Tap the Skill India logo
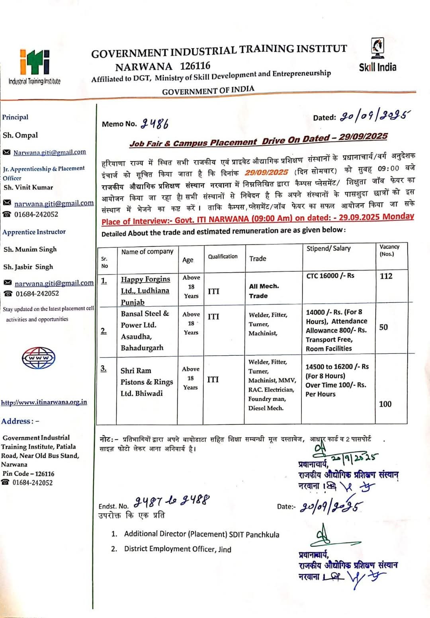377,56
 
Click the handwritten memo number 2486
154,124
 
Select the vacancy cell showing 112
386,276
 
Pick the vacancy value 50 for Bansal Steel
383,327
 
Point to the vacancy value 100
385,404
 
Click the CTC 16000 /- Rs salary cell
330,276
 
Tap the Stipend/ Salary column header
328,248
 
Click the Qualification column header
223,257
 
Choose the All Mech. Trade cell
264,291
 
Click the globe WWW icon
39,358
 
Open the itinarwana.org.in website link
44,402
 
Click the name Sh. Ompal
20,135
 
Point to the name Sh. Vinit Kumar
28,187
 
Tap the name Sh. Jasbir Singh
28,267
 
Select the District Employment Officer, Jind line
178,549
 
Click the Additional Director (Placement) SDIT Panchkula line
201,534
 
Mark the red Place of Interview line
258,219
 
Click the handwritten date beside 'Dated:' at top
374,116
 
